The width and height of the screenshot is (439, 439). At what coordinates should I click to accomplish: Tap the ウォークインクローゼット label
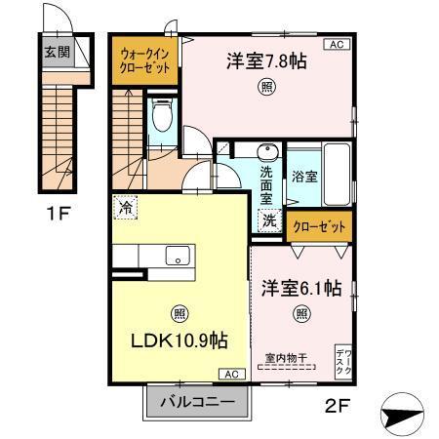tap(143, 60)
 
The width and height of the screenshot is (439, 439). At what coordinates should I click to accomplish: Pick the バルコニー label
tap(197, 401)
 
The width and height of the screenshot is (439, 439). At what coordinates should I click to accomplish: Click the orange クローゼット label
tap(319, 226)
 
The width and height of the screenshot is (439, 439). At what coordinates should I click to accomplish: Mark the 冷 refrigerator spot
tap(125, 207)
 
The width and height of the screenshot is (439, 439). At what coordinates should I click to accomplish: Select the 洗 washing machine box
tap(268, 221)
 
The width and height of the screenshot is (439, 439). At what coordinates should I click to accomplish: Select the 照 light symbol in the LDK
tap(180, 313)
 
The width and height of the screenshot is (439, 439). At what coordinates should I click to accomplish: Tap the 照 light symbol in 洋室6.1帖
tap(301, 313)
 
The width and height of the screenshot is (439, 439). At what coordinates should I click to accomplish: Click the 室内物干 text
tap(286, 359)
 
